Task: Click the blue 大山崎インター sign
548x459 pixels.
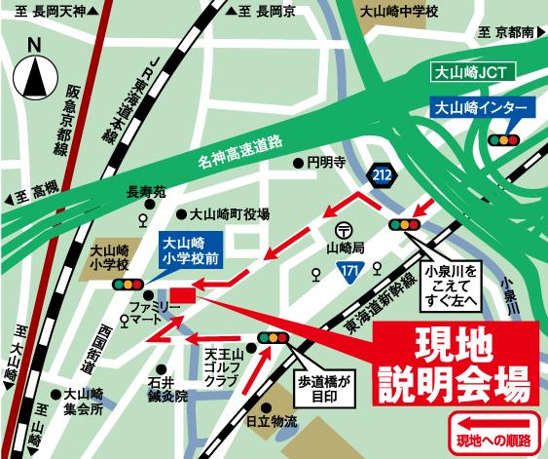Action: (481, 107)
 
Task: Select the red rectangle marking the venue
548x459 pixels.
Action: (182, 294)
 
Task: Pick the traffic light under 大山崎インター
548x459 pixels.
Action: (503, 140)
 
